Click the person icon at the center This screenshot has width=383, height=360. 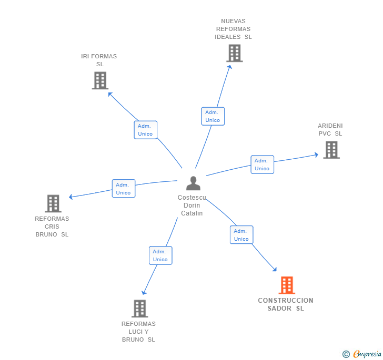pyautogui.click(x=193, y=183)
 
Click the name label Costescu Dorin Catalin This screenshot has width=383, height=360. pyautogui.click(x=192, y=205)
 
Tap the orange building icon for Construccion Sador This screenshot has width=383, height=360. pyautogui.click(x=286, y=285)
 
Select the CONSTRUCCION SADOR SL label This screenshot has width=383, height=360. pyautogui.click(x=286, y=304)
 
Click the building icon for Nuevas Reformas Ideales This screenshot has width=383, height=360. pyautogui.click(x=234, y=53)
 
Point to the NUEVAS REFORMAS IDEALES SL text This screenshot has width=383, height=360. pyautogui.click(x=233, y=29)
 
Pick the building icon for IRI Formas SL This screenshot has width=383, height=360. pyautogui.click(x=100, y=80)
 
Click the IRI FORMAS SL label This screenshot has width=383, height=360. pyautogui.click(x=99, y=60)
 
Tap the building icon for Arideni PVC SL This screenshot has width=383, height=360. pyautogui.click(x=331, y=150)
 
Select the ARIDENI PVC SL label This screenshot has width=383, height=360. pyautogui.click(x=330, y=129)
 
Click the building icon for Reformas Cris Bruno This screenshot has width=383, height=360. pyautogui.click(x=53, y=203)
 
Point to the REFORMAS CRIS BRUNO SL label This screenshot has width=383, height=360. pyautogui.click(x=52, y=227)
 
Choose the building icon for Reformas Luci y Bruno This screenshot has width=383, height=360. pyautogui.click(x=139, y=308)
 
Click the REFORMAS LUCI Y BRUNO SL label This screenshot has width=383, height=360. pyautogui.click(x=138, y=332)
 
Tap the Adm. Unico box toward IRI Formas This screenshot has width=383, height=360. pyautogui.click(x=145, y=130)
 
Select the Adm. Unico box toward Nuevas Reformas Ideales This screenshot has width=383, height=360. pyautogui.click(x=213, y=116)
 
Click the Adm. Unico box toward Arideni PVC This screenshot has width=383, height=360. pyautogui.click(x=262, y=164)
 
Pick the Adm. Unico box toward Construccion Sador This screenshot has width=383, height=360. pyautogui.click(x=241, y=235)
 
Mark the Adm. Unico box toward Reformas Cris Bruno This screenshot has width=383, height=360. pyautogui.click(x=124, y=189)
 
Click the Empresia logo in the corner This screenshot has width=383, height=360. pyautogui.click(x=363, y=354)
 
